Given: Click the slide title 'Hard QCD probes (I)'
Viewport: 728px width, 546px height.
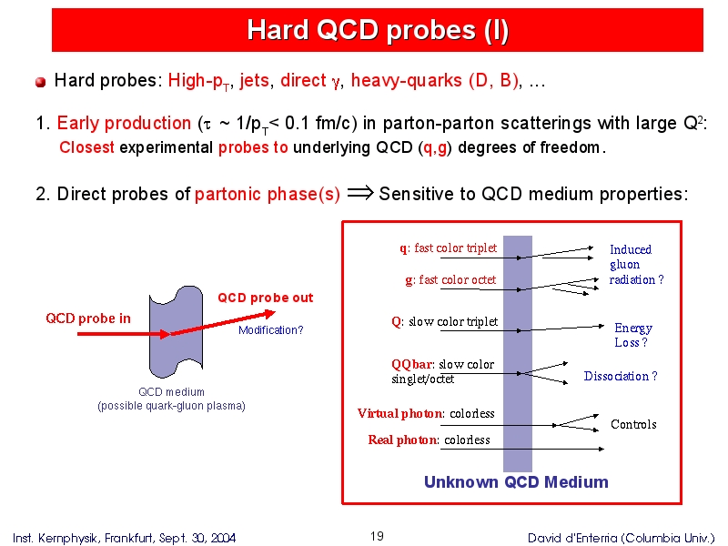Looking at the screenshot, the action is click(x=378, y=30).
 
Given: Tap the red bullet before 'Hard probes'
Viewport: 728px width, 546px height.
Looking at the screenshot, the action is click(x=40, y=82).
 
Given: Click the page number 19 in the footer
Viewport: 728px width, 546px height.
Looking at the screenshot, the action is click(x=377, y=536).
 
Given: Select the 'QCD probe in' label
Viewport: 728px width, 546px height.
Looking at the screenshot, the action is click(x=88, y=318).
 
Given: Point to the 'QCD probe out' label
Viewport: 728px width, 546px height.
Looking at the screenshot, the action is click(x=266, y=298).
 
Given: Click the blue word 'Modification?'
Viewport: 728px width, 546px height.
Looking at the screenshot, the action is click(x=270, y=330).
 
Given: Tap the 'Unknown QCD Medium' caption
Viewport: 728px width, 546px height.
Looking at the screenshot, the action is click(x=516, y=482).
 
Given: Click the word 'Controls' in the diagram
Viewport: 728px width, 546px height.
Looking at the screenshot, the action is click(x=633, y=424).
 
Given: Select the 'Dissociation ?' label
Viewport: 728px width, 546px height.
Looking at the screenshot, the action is click(x=621, y=376).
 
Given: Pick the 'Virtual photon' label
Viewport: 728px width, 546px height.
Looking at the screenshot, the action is click(x=399, y=413).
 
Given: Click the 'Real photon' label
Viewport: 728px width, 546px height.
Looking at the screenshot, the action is click(x=402, y=440).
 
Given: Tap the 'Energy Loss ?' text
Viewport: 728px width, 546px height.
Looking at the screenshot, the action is click(x=633, y=335).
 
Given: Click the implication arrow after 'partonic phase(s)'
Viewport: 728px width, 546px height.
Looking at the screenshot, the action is click(x=360, y=193).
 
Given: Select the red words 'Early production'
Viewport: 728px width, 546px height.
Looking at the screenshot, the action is click(x=124, y=124).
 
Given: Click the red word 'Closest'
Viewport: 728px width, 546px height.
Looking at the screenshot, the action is click(x=86, y=147).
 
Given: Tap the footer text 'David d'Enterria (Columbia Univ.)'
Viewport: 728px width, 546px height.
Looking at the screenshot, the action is click(x=622, y=538).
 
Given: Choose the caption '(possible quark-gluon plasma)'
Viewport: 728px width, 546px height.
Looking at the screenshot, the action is click(x=171, y=406).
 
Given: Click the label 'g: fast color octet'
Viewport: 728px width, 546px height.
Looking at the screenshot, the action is click(x=450, y=280).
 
